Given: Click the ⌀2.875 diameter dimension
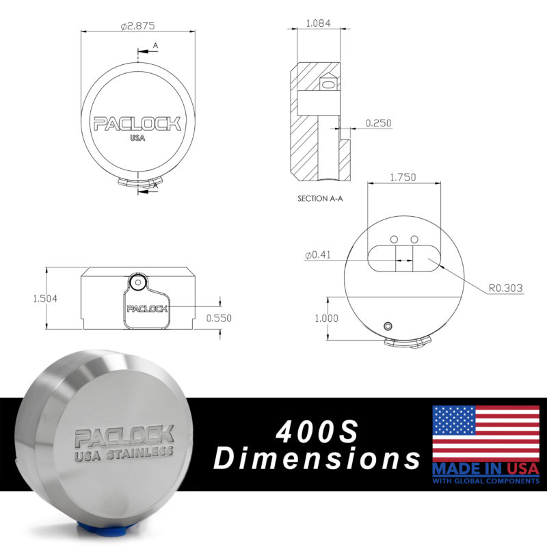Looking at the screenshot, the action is pos(137,26).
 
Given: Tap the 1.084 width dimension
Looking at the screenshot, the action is pos(318,23).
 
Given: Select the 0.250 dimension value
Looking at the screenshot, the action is pos(378,123).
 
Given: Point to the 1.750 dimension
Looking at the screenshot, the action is pos(403,177).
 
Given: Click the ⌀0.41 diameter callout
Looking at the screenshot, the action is pos(318,255).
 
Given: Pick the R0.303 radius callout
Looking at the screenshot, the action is pos(505,288).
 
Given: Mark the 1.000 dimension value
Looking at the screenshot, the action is pos(327,318).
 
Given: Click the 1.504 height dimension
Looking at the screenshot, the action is pos(45,299).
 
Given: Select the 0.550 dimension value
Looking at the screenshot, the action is pos(219,318).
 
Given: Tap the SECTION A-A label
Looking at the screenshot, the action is pos(320,198).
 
